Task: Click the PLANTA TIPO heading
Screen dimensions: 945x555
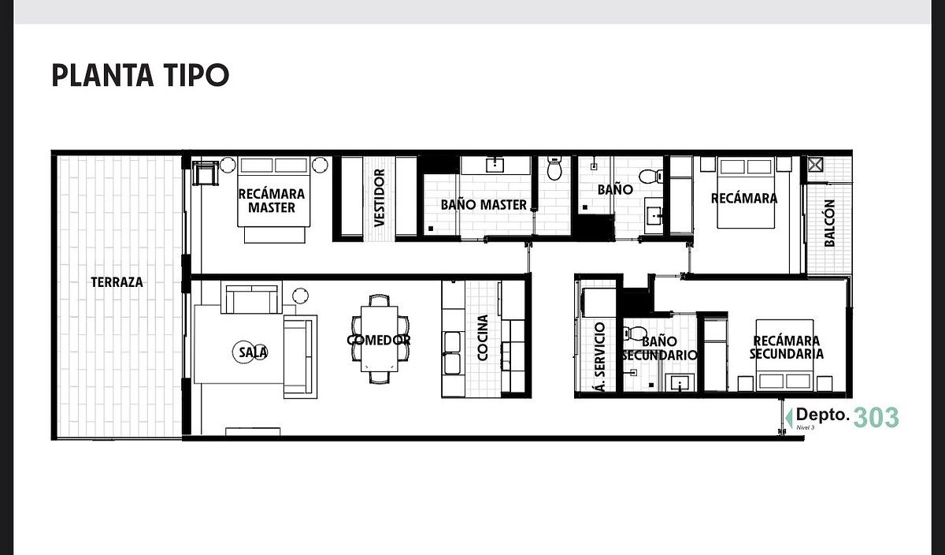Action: (140, 75)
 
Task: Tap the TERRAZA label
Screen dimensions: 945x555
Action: (117, 282)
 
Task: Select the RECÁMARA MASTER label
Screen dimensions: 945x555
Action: (272, 200)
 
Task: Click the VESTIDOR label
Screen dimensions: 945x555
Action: (380, 198)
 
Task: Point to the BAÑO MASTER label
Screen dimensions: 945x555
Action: (484, 205)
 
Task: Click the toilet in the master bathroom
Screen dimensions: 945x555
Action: (554, 168)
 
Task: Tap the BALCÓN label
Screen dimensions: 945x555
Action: (829, 223)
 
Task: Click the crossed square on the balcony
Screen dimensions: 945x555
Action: (815, 165)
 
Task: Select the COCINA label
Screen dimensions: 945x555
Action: (482, 337)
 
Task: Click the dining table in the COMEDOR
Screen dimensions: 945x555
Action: (380, 339)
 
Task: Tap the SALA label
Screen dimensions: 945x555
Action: (253, 352)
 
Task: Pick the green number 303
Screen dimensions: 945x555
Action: (876, 417)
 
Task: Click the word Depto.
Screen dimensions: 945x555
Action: (823, 415)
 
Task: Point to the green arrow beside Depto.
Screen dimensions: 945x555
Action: (788, 418)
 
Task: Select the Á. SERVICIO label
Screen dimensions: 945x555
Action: (599, 357)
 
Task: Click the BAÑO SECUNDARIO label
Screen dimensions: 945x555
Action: (659, 348)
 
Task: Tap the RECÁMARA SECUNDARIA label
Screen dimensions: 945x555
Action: (787, 347)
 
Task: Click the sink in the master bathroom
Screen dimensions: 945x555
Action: (495, 165)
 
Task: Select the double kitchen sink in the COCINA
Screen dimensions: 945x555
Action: (452, 353)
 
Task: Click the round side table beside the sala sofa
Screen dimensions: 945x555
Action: (300, 296)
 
